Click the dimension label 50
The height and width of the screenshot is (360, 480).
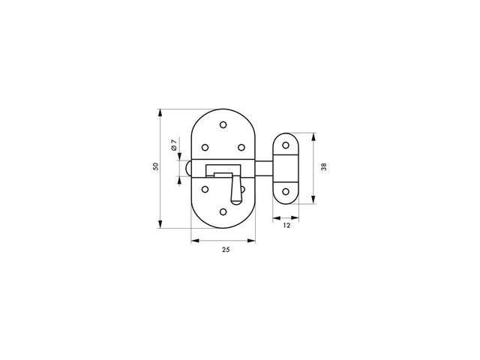[x=156, y=166]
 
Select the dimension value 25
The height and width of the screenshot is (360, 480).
[x=226, y=250]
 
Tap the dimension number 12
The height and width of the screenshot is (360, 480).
[x=286, y=226]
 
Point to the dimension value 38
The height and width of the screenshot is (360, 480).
[x=323, y=166]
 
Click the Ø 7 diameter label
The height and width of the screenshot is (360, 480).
[x=174, y=145]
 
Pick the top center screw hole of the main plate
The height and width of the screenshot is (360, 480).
[x=223, y=124]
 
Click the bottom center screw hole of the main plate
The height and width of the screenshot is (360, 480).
[x=223, y=211]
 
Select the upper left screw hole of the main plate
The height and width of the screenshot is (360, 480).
[x=205, y=148]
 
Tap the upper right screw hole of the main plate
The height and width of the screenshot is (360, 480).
[x=241, y=148]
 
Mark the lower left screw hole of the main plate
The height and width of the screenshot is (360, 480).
[x=205, y=190]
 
